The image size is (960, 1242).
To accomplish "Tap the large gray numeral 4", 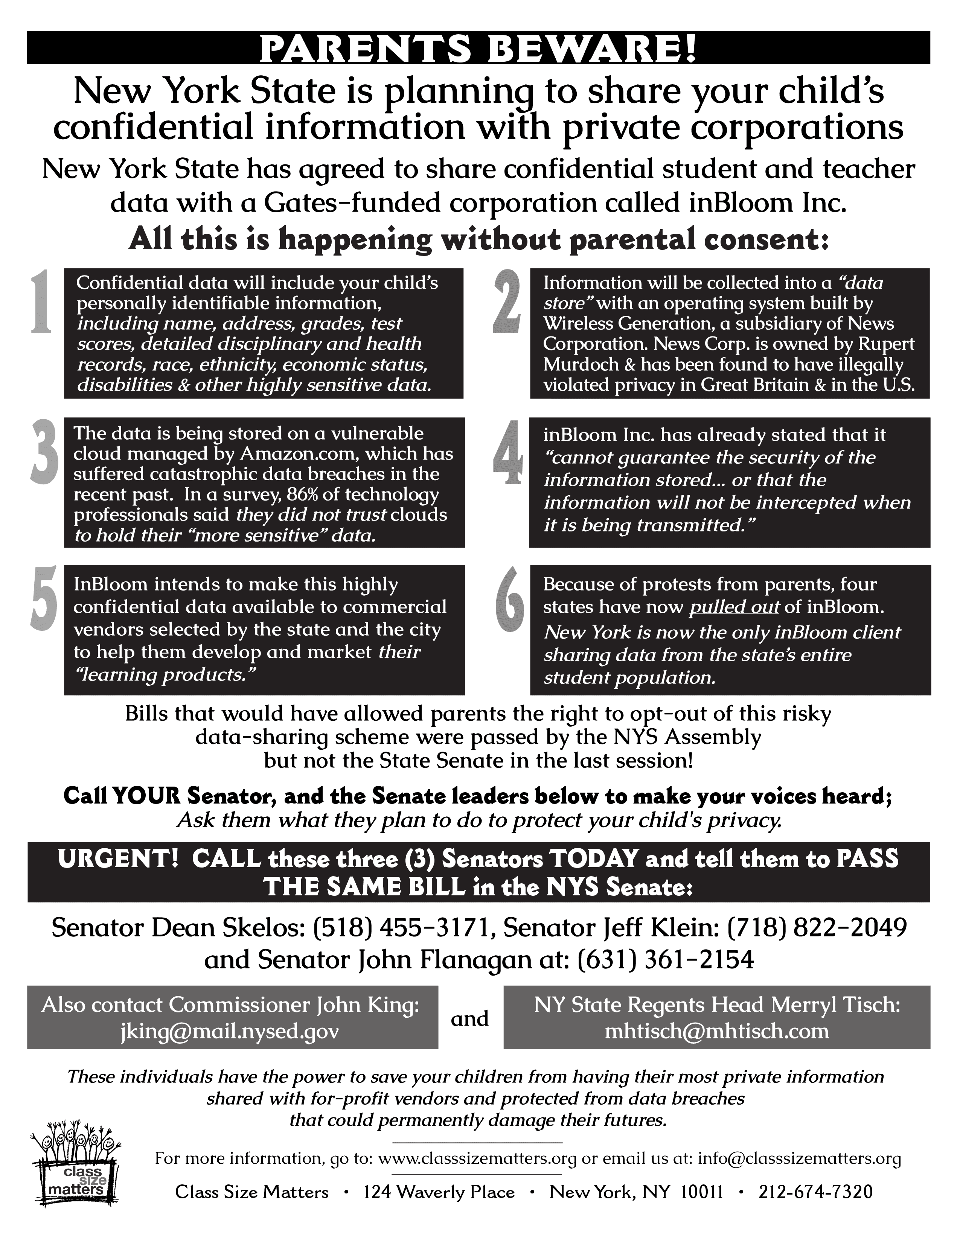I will point(508,453).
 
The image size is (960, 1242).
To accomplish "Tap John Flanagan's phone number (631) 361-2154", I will point(665,960).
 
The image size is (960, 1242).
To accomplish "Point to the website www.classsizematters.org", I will point(477,1158).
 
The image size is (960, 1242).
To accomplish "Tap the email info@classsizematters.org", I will point(799,1158).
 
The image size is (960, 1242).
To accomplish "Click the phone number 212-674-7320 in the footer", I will point(815,1192).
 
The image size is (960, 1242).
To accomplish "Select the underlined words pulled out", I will point(734,607).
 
